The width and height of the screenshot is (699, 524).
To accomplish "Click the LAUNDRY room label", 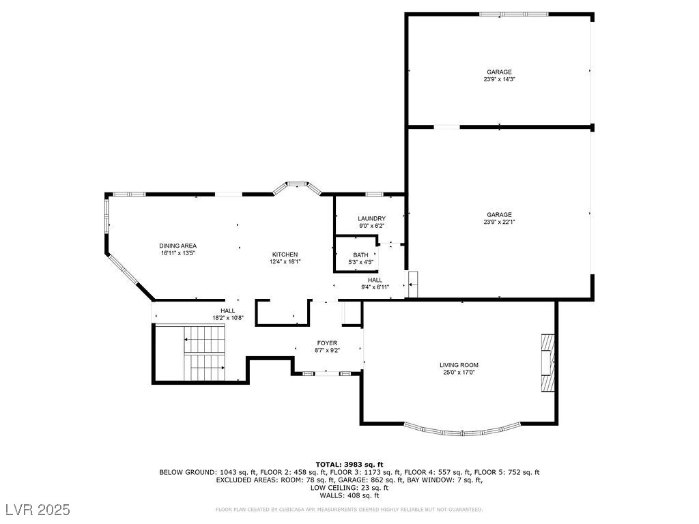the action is (x=371, y=218).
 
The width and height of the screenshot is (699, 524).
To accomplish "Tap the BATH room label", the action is (x=360, y=255).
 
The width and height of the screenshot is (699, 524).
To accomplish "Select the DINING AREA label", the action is (x=178, y=246).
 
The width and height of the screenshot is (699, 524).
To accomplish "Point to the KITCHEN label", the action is (x=285, y=254).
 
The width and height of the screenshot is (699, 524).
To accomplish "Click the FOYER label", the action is (x=327, y=343).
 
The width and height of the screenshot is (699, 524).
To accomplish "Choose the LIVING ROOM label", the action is (x=459, y=365).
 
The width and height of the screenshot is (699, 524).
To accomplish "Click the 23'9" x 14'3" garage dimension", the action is (x=499, y=79).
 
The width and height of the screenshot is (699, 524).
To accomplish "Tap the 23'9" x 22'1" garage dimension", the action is (x=499, y=222).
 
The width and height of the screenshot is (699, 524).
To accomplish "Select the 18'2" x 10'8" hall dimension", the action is (x=228, y=318).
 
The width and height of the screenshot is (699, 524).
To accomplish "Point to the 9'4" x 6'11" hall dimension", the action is (x=375, y=287).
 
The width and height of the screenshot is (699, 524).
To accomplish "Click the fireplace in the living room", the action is (x=548, y=362).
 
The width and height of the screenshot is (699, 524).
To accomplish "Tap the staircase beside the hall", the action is (x=205, y=353).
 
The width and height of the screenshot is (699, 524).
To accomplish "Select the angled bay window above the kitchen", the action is (x=298, y=187).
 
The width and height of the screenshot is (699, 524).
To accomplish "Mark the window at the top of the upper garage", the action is (x=514, y=14).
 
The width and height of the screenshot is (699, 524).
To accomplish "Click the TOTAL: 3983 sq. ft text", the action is (x=349, y=465).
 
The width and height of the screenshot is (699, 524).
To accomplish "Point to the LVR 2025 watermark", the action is (x=38, y=509).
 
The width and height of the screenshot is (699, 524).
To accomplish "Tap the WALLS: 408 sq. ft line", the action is (x=349, y=495).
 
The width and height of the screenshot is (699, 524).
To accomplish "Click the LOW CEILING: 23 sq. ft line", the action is (x=349, y=487).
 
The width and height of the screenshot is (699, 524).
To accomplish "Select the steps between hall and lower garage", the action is (x=413, y=285).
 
